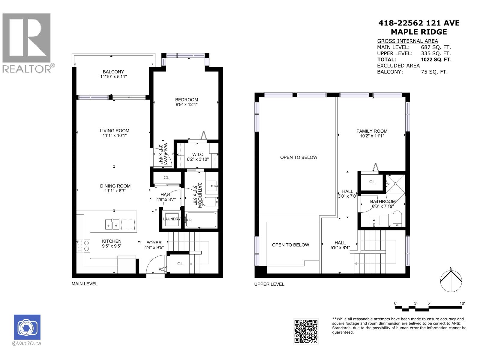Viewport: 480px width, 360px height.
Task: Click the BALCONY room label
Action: coord(113,72)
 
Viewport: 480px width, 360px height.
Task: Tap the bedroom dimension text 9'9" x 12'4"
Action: coord(186,105)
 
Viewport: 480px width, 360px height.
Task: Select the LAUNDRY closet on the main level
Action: coord(172,219)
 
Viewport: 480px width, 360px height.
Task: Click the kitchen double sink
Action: coord(112,224)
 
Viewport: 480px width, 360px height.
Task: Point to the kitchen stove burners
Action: coord(83,245)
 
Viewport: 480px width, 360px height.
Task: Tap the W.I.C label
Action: coord(197,154)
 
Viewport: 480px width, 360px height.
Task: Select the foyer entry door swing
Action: coord(156,264)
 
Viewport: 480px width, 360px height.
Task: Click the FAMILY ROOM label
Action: coord(372,131)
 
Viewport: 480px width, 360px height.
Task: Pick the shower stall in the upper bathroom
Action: coord(395,184)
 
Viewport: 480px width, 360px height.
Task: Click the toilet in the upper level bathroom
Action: coord(397,218)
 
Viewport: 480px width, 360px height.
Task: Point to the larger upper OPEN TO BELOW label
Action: coord(298,157)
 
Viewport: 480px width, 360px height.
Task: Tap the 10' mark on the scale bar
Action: coord(462,303)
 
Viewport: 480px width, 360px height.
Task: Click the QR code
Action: coord(306,331)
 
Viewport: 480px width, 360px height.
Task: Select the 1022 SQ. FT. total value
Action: coord(436,59)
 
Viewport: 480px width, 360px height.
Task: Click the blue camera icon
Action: coord(27,327)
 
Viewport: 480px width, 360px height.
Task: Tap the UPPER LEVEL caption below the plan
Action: coord(269,284)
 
